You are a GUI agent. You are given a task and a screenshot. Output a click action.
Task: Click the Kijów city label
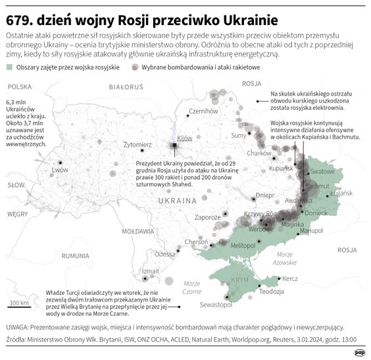(184, 138)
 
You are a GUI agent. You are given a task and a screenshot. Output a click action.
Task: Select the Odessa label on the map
(164, 254)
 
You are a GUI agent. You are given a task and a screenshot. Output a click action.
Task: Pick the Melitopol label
(243, 245)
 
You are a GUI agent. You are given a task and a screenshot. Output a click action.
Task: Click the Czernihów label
(203, 111)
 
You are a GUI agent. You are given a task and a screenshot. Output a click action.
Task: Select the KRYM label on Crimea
(240, 279)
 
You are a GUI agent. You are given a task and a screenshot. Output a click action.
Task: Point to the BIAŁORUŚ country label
(126, 87)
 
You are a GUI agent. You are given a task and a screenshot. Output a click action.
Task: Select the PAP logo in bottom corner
(359, 353)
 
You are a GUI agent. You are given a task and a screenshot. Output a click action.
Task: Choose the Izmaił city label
(151, 270)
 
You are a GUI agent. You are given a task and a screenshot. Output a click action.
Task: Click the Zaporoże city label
(208, 217)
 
